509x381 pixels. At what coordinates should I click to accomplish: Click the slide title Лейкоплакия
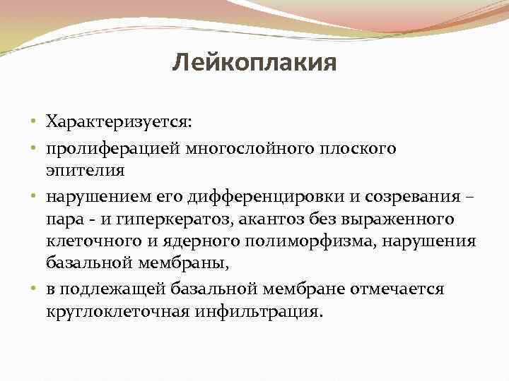254,65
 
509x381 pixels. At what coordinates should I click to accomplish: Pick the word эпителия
86,170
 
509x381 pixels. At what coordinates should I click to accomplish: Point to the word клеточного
91,241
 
